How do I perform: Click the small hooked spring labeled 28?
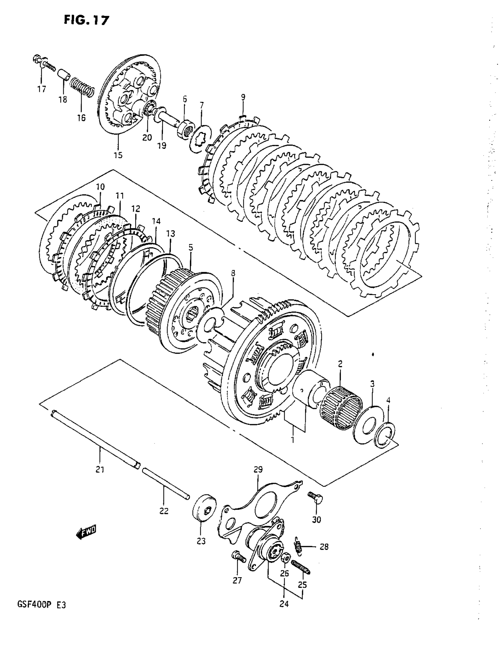pos(298,545)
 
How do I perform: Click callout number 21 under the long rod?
pos(100,470)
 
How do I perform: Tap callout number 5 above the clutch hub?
pos(190,247)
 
